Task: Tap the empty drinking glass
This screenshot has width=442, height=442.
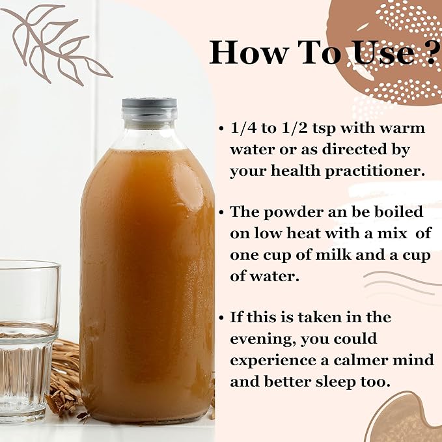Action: tap(28, 341)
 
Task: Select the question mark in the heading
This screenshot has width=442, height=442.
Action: tap(432, 52)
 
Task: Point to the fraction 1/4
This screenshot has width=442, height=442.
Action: tap(243, 128)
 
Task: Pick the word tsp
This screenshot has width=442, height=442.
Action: tap(324, 130)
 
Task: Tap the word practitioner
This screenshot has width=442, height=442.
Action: tap(375, 172)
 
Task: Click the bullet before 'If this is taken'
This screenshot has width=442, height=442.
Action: tap(221, 318)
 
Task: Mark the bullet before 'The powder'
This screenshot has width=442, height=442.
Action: tap(221, 212)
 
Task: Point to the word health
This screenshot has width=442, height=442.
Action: tap(296, 171)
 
